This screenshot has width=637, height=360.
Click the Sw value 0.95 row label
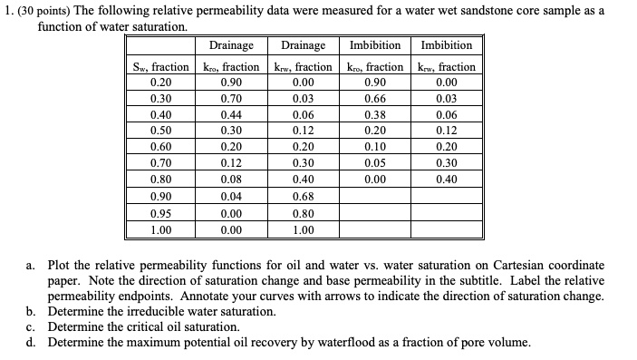(160, 214)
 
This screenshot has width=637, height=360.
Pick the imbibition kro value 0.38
(372, 115)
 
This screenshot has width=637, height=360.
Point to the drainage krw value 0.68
(304, 197)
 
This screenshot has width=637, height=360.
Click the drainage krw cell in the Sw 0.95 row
(304, 214)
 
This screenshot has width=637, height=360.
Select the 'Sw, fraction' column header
(160, 66)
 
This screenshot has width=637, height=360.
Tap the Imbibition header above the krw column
(446, 45)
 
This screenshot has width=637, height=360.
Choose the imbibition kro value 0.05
(372, 164)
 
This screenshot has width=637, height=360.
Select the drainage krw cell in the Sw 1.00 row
(304, 230)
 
